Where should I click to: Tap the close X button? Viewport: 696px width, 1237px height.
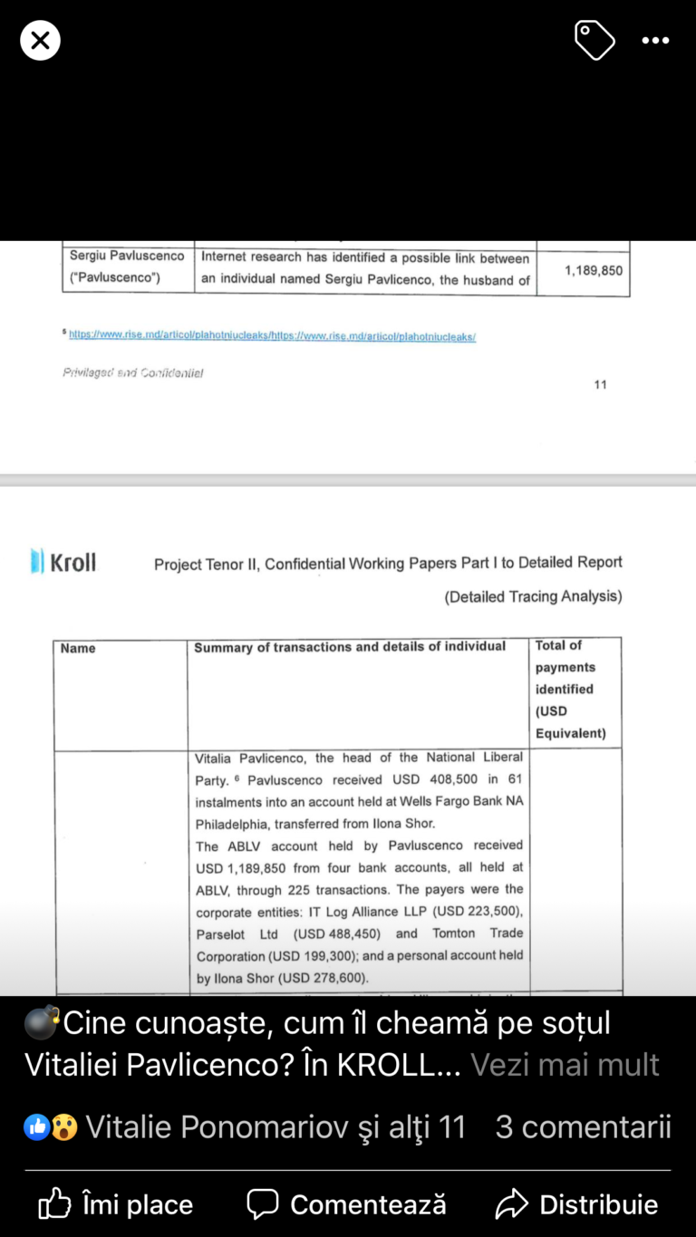[x=40, y=41]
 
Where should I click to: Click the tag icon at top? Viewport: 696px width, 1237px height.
[x=594, y=41]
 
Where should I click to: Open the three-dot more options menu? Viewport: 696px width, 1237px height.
[x=655, y=41]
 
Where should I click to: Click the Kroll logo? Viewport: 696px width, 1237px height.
[x=63, y=562]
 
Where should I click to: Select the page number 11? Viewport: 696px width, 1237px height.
[x=600, y=384]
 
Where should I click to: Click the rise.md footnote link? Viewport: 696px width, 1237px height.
[x=272, y=336]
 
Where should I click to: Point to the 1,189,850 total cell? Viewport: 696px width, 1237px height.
[x=594, y=270]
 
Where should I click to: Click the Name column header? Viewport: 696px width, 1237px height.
[x=78, y=649]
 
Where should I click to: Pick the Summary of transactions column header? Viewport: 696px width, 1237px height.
[x=350, y=647]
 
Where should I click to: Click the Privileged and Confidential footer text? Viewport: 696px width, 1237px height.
[x=132, y=372]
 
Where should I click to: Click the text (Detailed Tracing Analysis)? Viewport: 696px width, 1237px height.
[x=533, y=596]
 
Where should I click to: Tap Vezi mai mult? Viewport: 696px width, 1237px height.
[x=565, y=1064]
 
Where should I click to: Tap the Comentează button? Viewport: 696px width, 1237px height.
[x=347, y=1204]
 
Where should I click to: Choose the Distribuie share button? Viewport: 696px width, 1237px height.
[x=577, y=1204]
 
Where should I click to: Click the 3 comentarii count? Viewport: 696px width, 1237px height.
[x=583, y=1126]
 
